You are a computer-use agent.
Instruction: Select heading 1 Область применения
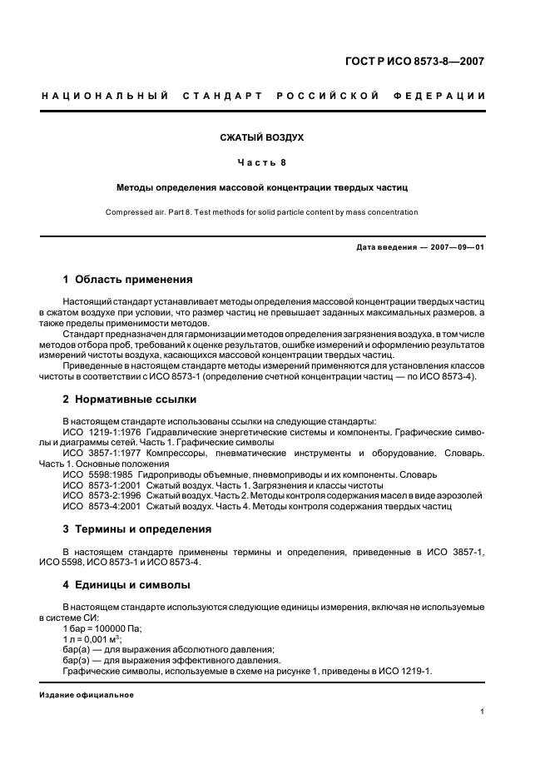point(127,280)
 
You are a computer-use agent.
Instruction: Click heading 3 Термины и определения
point(137,529)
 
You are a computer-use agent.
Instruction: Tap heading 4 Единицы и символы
point(126,586)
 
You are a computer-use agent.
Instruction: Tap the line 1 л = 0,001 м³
point(93,640)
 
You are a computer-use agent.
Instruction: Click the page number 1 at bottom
point(483,712)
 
